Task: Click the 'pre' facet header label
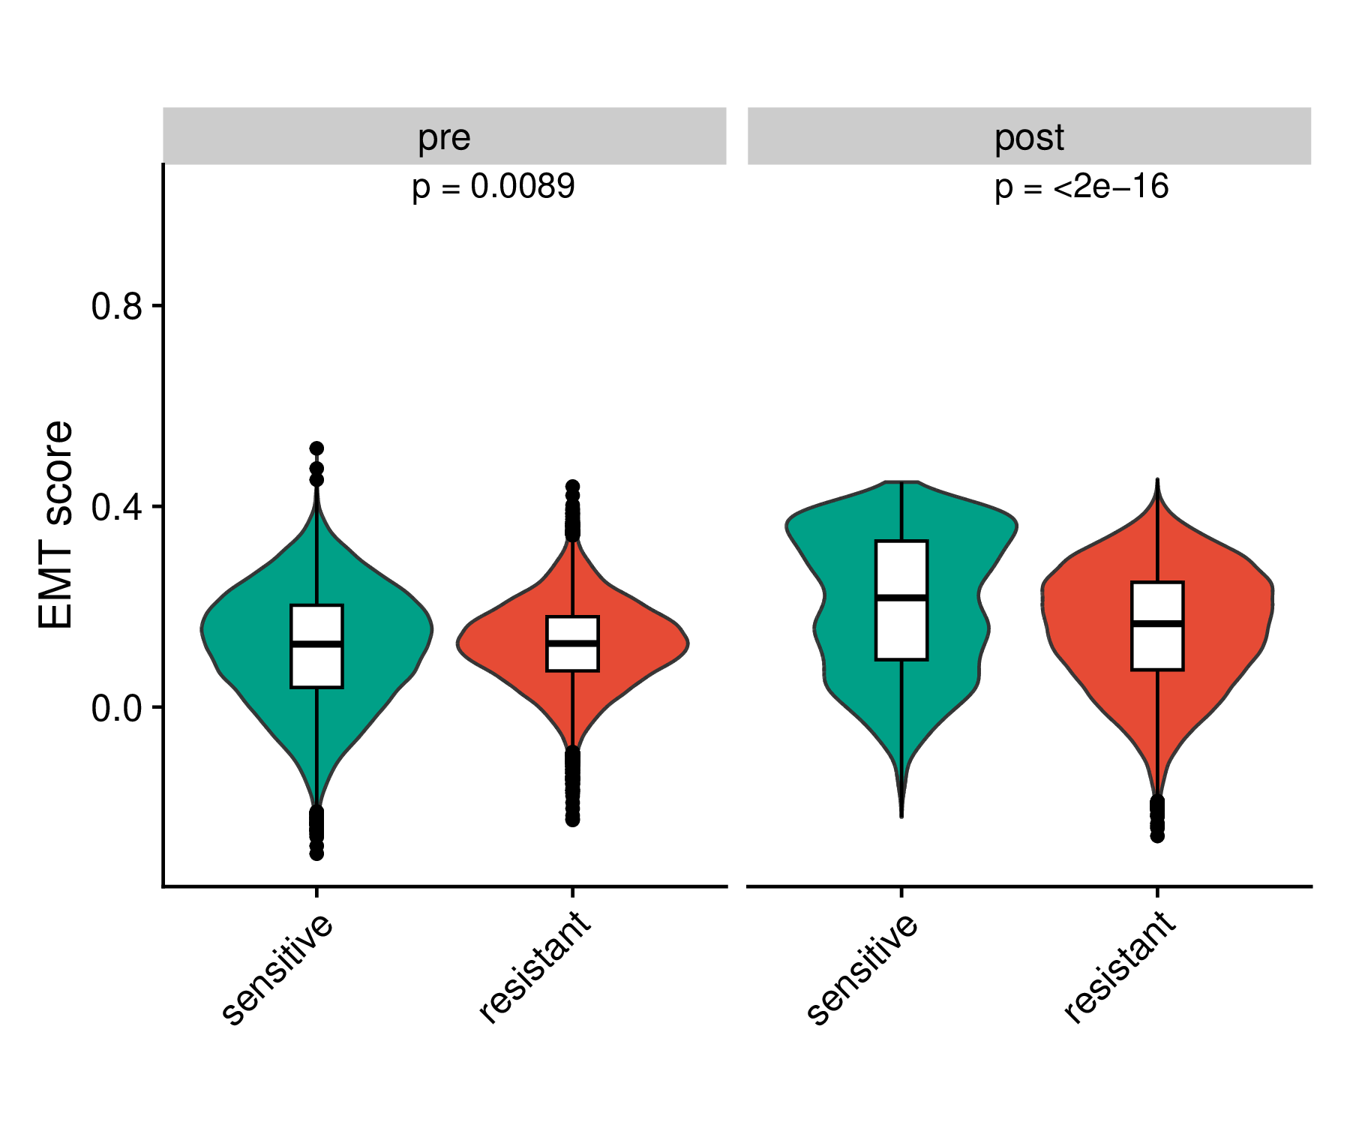tap(444, 138)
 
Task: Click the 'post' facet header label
tap(1029, 138)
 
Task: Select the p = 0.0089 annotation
tap(493, 187)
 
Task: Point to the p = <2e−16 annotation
tap(1081, 187)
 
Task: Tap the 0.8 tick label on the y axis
tap(116, 307)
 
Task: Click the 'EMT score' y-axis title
tap(57, 525)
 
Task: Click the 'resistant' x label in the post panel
tap(1120, 967)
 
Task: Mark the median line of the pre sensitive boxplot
tap(316, 643)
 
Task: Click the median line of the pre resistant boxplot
tap(572, 643)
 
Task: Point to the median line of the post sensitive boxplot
tap(901, 597)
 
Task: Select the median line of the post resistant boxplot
tap(1157, 623)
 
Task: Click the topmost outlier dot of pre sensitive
tap(316, 448)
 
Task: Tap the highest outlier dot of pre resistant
tap(572, 486)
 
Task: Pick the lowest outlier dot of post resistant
tap(1157, 835)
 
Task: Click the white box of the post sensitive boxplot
tap(901, 630)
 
